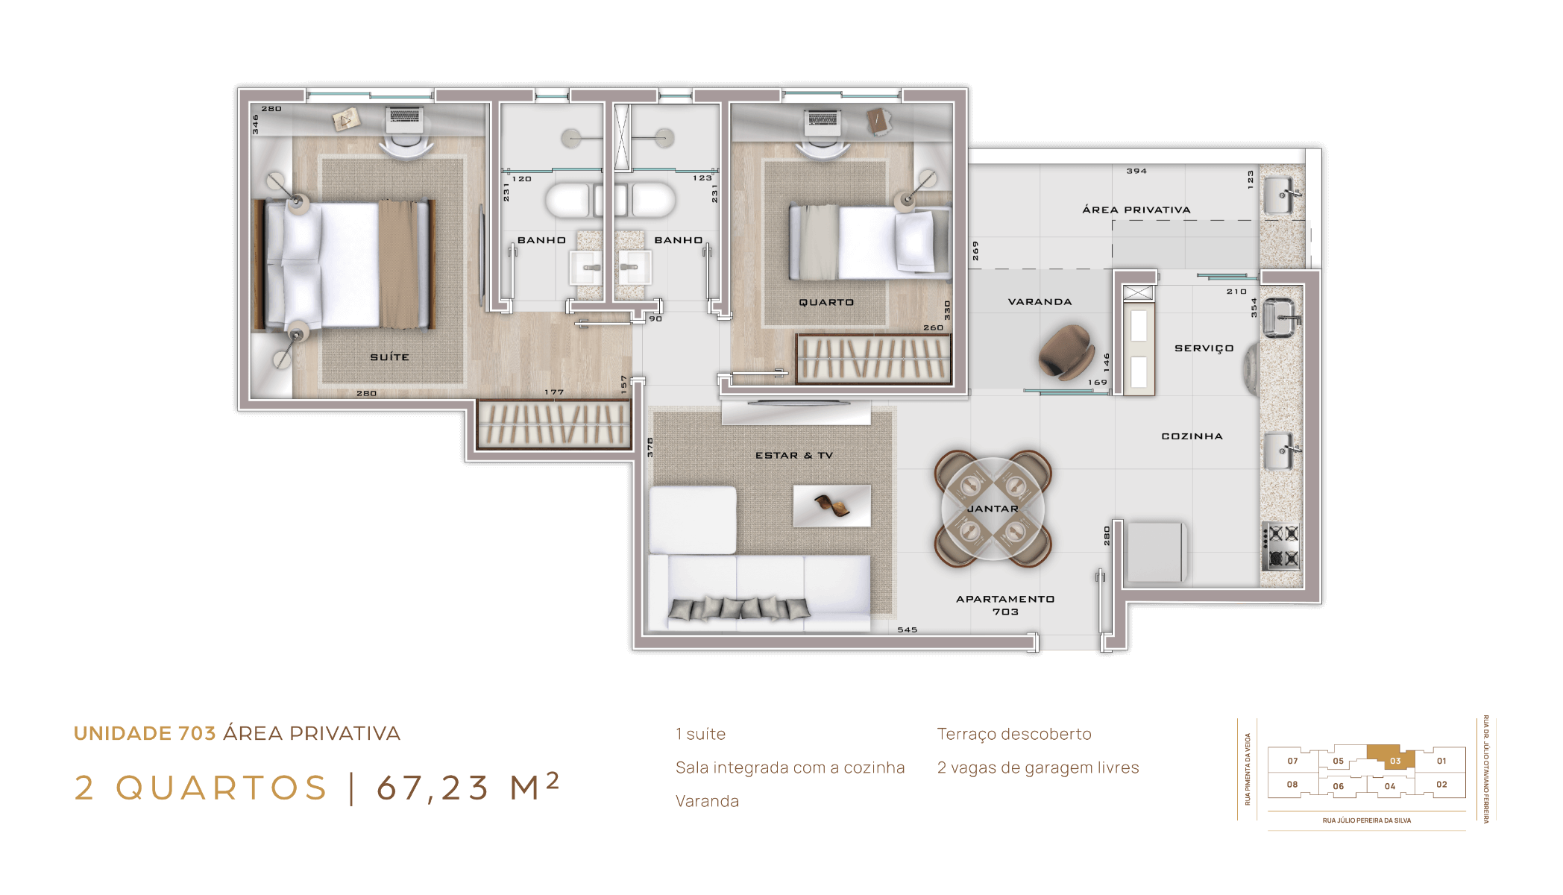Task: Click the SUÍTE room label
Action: tap(389, 357)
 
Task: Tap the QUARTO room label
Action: tap(826, 302)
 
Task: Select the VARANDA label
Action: tap(1040, 302)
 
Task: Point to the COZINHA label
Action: tap(1192, 436)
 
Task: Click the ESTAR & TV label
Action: tap(794, 455)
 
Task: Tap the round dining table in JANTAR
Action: tap(993, 509)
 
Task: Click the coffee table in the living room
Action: tap(831, 506)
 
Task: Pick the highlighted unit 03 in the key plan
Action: tap(1393, 759)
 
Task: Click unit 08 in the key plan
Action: tap(1292, 785)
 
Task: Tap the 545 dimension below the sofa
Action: tap(907, 629)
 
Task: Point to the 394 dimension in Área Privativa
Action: tap(1136, 171)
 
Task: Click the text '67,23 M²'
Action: tap(468, 787)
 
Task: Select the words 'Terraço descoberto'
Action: tap(1014, 734)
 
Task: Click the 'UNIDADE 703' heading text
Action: tap(145, 734)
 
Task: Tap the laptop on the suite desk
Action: tap(405, 119)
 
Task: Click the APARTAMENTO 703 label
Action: tap(1005, 605)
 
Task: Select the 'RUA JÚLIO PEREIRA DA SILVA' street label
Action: tap(1367, 820)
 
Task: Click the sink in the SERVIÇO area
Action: tap(1281, 318)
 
